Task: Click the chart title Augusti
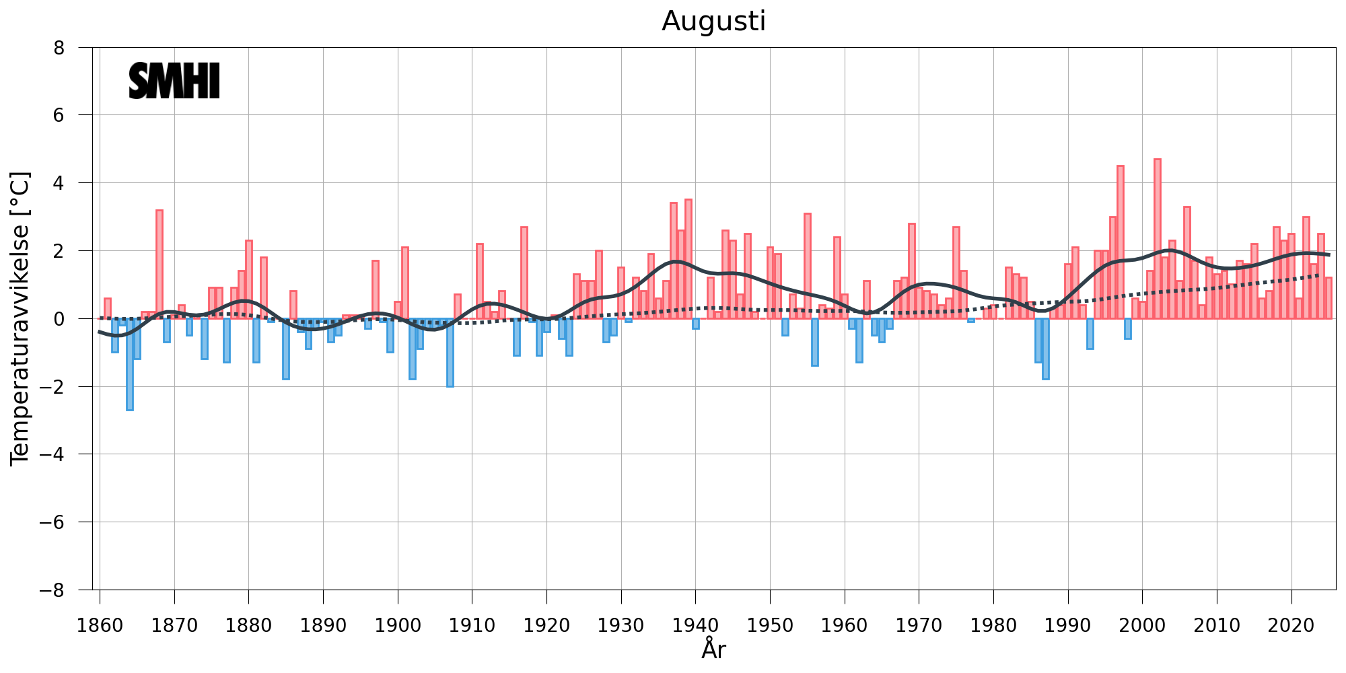tap(713, 22)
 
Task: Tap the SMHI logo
tap(174, 81)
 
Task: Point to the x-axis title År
tap(713, 650)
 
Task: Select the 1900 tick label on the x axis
tap(398, 626)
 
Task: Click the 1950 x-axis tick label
tap(770, 626)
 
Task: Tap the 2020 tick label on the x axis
tap(1291, 626)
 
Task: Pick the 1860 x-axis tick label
tap(100, 626)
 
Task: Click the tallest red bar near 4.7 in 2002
tap(1157, 239)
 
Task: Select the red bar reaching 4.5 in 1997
tap(1120, 242)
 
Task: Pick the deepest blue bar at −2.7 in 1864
tap(130, 364)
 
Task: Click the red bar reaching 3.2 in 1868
tap(160, 264)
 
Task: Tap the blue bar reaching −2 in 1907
tap(450, 352)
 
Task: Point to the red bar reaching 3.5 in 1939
tap(688, 259)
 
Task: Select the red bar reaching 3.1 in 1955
tap(807, 266)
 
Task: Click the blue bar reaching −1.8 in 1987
tap(1045, 349)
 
